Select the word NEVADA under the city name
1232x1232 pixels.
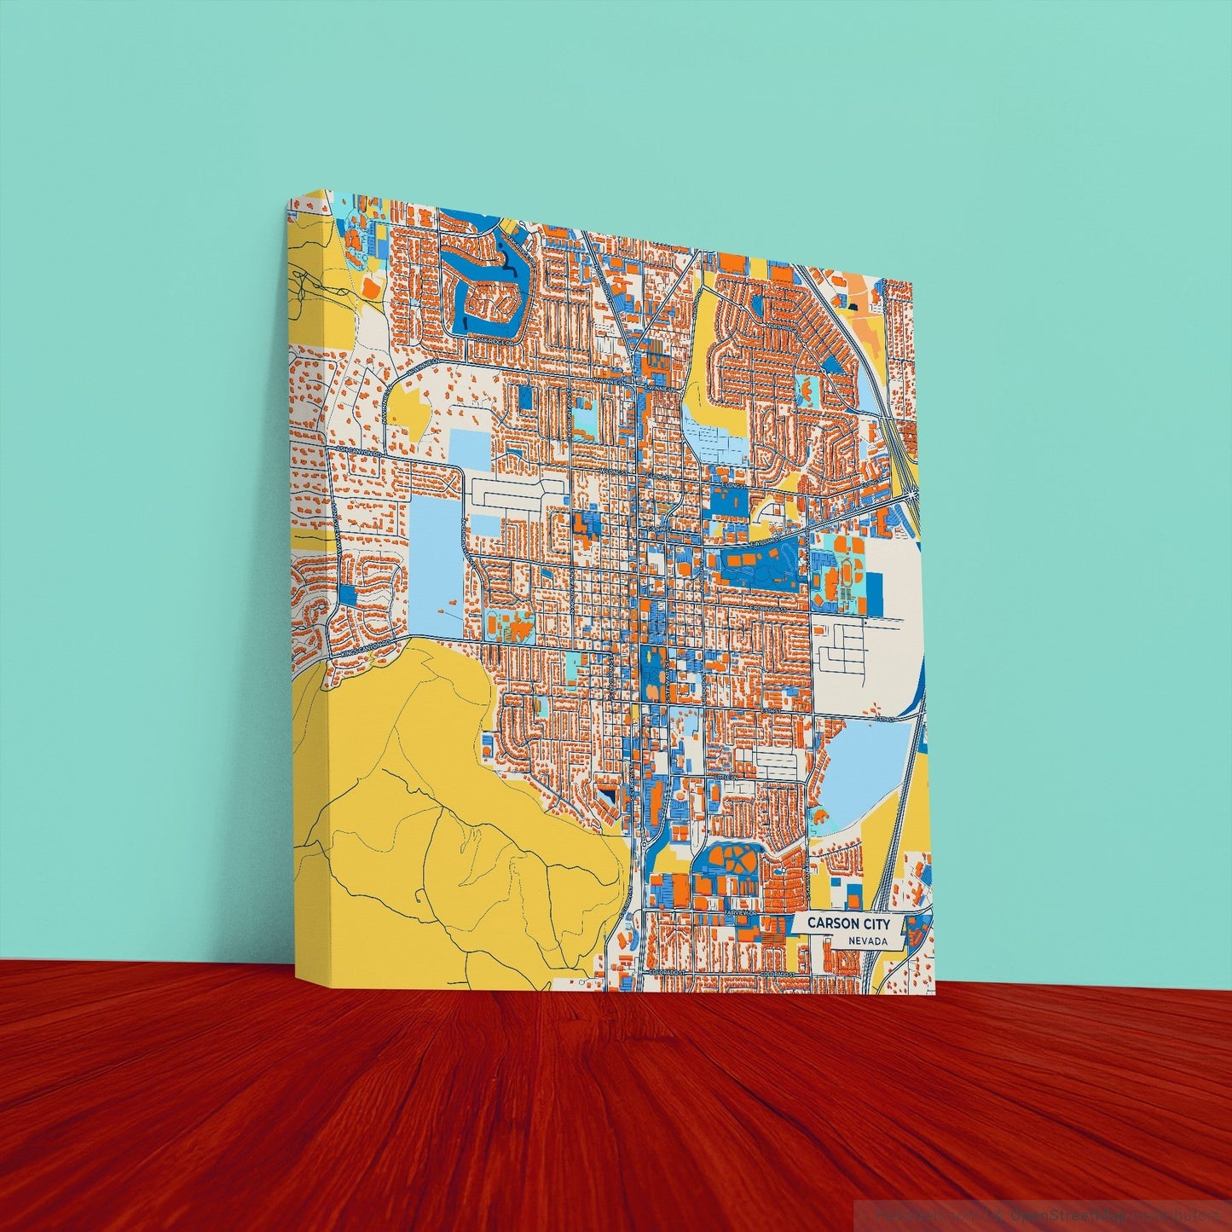tap(868, 940)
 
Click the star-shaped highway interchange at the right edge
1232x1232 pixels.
tap(913, 492)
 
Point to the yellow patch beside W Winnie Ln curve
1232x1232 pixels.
tap(409, 411)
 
